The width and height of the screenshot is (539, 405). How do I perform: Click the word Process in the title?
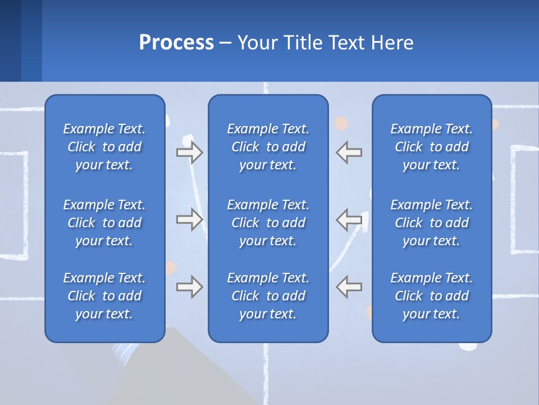coord(176,43)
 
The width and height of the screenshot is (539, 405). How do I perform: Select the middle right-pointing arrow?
coord(190,219)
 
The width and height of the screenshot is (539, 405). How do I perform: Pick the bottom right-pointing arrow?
coord(190,287)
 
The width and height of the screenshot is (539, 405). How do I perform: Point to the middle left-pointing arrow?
coord(349,219)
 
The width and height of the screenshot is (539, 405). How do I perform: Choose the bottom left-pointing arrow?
coord(349,287)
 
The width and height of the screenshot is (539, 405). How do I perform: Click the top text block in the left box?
coord(104,147)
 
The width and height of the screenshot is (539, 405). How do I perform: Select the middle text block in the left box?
coord(104,223)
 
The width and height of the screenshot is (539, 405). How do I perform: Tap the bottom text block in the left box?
coord(104,296)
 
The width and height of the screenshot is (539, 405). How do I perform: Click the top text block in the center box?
coord(268,147)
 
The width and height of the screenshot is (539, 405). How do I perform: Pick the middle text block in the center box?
coord(268,223)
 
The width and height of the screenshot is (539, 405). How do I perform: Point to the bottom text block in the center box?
coord(268,296)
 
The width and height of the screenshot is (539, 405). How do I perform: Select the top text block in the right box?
coord(432,147)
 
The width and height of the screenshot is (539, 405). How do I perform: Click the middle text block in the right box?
coord(432,223)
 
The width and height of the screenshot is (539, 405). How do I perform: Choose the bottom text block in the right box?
coord(432,296)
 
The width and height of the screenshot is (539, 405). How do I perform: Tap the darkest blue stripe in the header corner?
coord(10,40)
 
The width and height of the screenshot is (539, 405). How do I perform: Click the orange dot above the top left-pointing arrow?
coord(341,123)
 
